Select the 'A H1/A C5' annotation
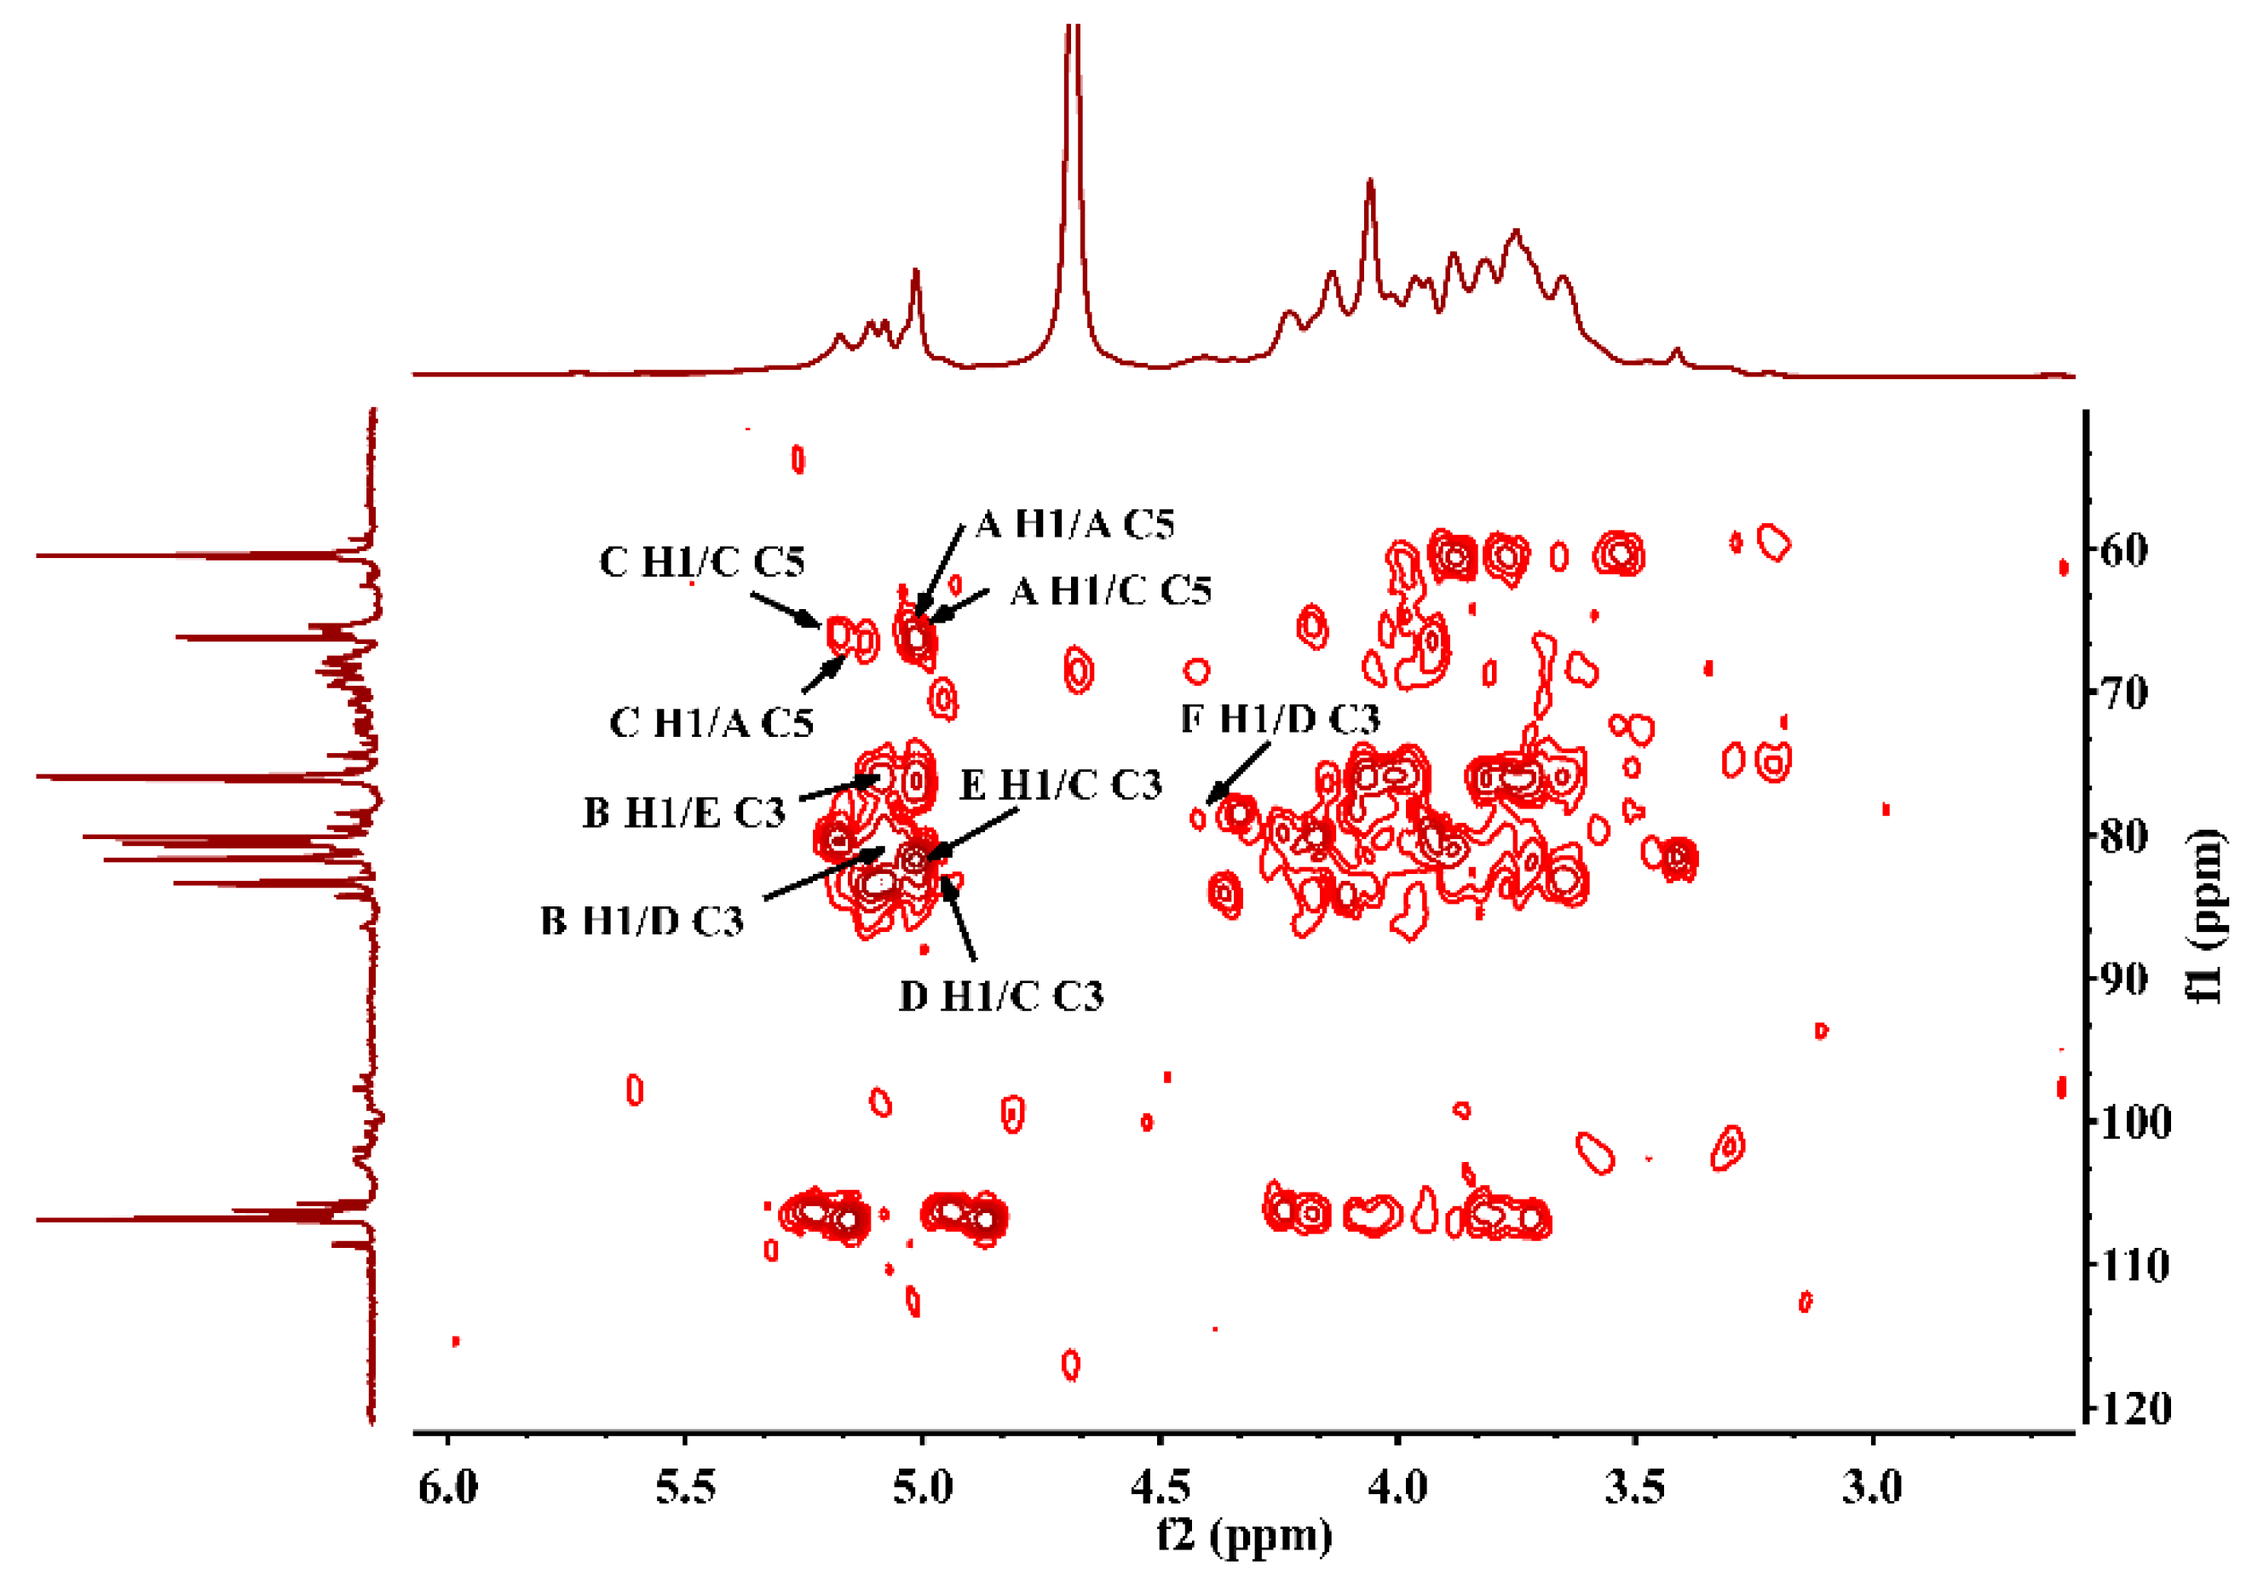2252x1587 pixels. click(x=1075, y=525)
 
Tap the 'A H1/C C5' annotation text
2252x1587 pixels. click(x=1110, y=591)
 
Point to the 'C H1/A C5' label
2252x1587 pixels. click(x=711, y=724)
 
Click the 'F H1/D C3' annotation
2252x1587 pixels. click(x=1280, y=720)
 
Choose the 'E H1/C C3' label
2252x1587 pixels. click(x=1060, y=785)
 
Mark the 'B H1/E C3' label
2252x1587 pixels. click(x=683, y=814)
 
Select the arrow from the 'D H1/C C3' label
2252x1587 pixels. click(x=959, y=917)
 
